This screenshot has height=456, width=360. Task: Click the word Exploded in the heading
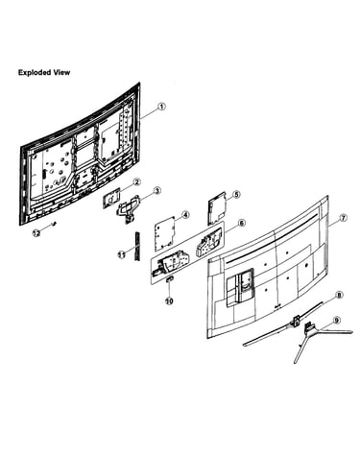[35, 72]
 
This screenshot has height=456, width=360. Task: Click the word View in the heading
[61, 72]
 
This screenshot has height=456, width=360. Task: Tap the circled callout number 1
[162, 107]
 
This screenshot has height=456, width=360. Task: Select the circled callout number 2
[136, 182]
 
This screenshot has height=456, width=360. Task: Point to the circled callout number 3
[156, 191]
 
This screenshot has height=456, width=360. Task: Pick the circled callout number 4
[185, 215]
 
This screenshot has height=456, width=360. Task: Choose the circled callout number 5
[236, 195]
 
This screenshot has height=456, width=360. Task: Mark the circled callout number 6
[242, 223]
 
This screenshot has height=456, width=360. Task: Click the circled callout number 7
[343, 218]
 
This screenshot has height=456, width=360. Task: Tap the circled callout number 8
[340, 295]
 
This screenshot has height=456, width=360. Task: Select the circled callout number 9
[336, 320]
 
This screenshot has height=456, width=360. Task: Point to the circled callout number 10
[169, 301]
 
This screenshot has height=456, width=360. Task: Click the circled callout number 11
[121, 254]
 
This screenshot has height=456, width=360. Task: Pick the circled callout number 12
[36, 233]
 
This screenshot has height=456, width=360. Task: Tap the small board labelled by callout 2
[111, 199]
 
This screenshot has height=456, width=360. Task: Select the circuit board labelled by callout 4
[166, 233]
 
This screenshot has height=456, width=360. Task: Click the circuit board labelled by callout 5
[217, 208]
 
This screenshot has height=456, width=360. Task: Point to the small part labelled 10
[170, 279]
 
